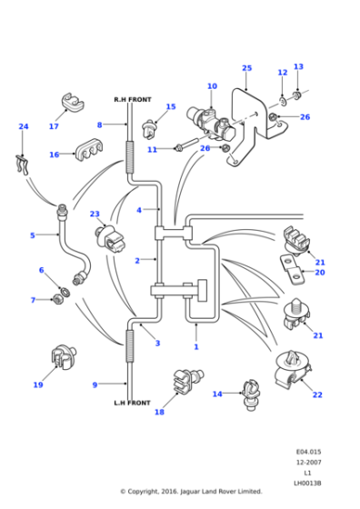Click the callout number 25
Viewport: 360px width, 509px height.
click(x=246, y=68)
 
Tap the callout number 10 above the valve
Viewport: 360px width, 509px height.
click(x=212, y=87)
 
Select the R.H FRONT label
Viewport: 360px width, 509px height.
click(x=132, y=99)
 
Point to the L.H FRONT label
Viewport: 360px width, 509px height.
click(x=132, y=403)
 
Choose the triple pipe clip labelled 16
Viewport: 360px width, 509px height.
click(x=86, y=152)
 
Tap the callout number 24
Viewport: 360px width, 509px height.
click(x=24, y=127)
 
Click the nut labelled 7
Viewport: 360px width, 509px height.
click(x=60, y=299)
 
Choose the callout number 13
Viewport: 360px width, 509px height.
click(x=298, y=66)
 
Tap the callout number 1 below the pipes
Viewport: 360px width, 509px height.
click(x=195, y=347)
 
